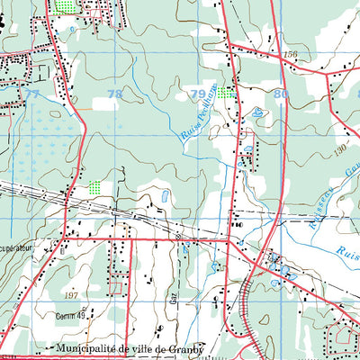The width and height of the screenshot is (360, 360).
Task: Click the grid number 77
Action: [33, 94]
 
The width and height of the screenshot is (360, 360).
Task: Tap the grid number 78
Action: [114, 94]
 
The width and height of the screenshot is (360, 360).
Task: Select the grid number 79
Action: [196, 94]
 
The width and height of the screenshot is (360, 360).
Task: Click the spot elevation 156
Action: [290, 56]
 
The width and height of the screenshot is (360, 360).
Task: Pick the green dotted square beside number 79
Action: [223, 92]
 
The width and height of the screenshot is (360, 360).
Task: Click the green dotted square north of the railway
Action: [94, 187]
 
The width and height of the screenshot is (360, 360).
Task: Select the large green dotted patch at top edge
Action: [66, 5]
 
